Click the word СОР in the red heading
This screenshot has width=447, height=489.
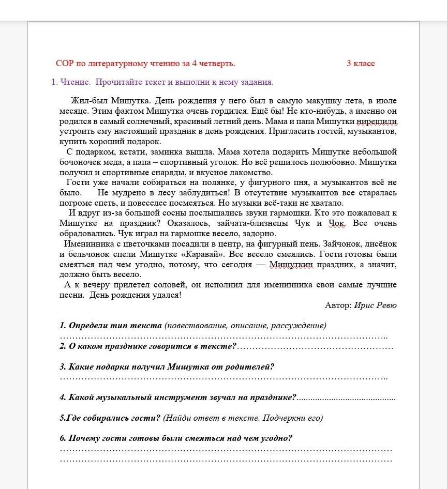tap(65, 64)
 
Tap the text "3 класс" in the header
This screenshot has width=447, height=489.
tap(361, 64)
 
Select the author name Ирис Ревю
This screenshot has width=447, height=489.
tap(376, 305)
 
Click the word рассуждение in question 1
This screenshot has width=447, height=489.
tap(300, 326)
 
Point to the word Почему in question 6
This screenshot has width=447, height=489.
tap(83, 438)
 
